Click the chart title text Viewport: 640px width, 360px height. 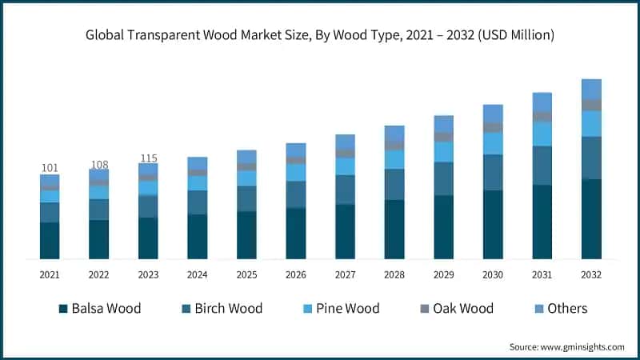point(320,35)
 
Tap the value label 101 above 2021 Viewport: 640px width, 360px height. point(50,168)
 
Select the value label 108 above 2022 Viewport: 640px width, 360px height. point(98,164)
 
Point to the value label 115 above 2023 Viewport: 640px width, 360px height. point(148,158)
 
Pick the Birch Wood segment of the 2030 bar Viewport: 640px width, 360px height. point(493,172)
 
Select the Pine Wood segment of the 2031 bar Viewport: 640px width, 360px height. point(542,133)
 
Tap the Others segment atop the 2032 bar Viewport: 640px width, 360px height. point(591,89)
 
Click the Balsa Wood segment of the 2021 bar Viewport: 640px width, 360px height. point(50,240)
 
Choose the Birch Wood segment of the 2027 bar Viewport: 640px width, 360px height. point(345,189)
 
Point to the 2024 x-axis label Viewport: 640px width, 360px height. point(197,274)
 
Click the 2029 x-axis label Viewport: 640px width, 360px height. point(443,274)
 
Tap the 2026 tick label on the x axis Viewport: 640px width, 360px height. point(295,274)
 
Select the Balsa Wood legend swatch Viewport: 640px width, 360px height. point(62,309)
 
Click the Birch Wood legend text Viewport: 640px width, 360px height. point(228,309)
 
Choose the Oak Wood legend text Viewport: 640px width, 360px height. point(464,309)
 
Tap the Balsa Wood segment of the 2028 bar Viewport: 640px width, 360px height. point(394,229)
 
